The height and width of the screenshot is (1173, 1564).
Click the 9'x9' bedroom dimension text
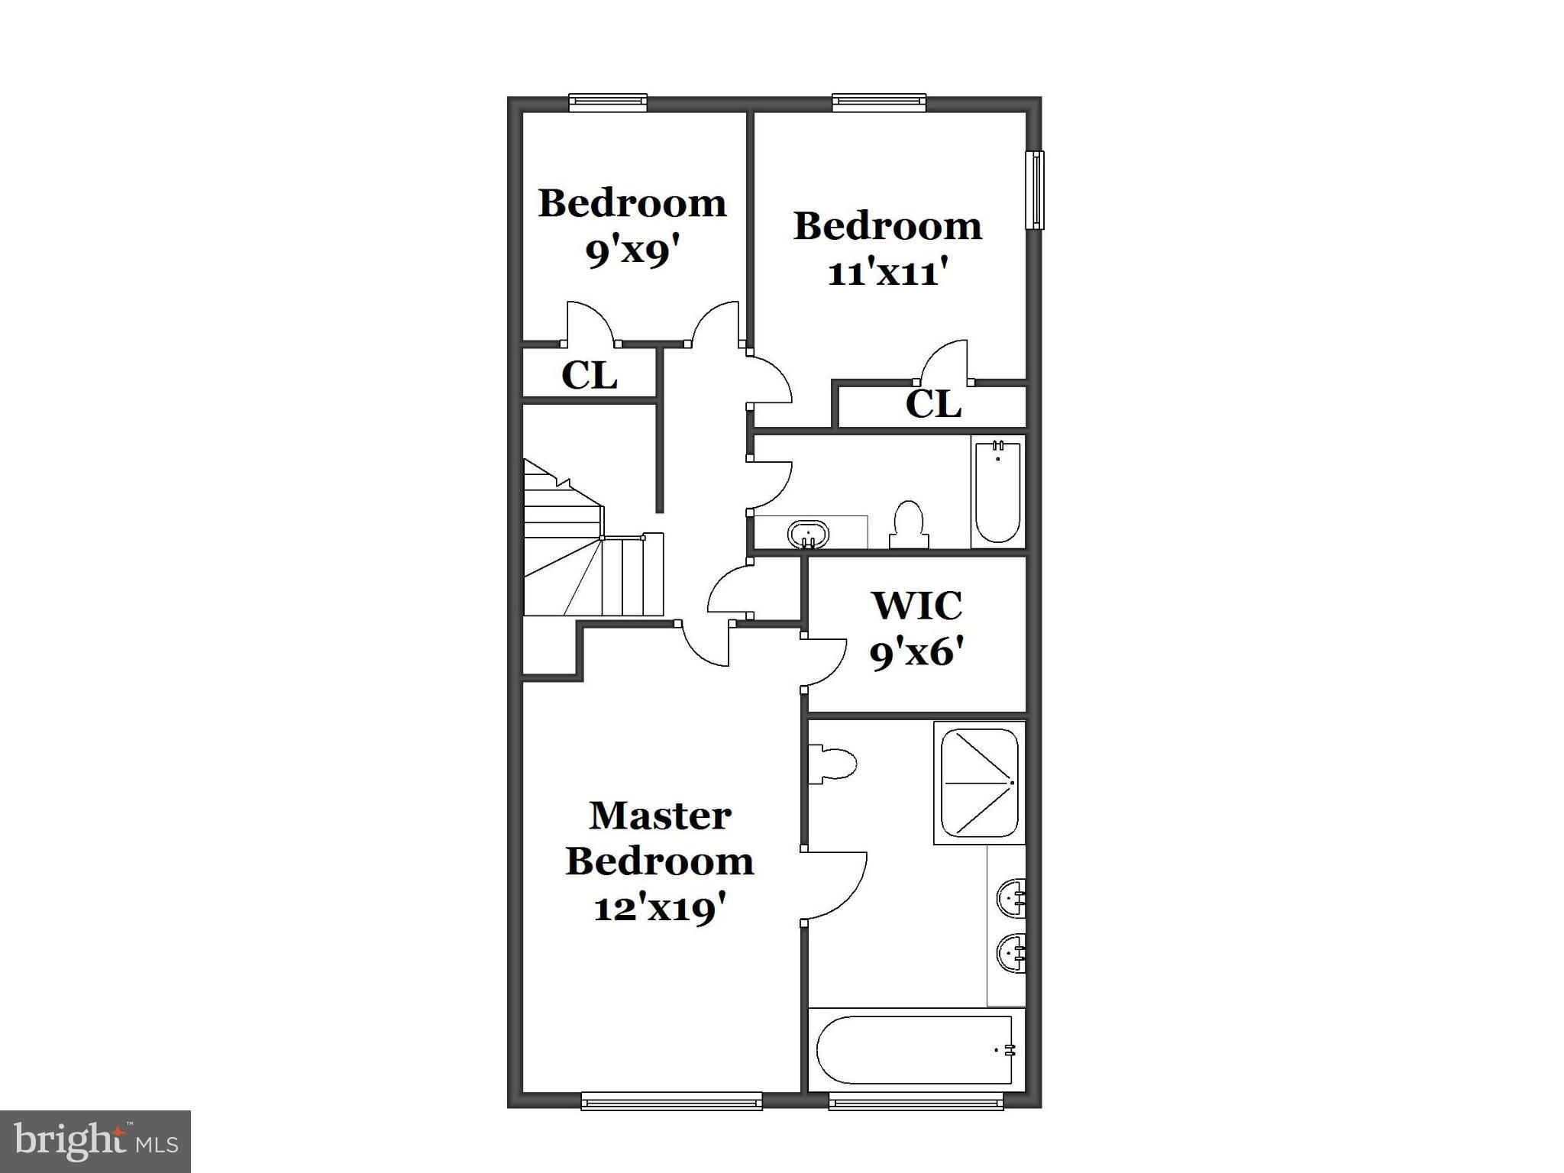point(632,251)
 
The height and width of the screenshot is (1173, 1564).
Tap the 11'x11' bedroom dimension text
point(887,273)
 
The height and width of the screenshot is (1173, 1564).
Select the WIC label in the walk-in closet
point(917,606)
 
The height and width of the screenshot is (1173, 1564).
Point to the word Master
point(660,816)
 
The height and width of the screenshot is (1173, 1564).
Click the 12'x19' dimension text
point(660,909)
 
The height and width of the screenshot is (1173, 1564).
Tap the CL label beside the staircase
point(589,376)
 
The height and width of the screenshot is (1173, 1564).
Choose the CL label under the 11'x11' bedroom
point(932,405)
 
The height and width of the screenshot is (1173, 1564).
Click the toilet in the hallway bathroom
point(909,525)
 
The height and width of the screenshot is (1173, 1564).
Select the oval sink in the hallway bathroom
point(808,533)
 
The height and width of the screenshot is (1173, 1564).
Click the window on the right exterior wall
point(1036,190)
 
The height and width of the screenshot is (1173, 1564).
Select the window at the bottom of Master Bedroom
point(671,1100)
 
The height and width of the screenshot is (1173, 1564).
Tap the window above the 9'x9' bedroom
point(609,102)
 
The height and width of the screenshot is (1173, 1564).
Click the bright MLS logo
point(95,1141)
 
